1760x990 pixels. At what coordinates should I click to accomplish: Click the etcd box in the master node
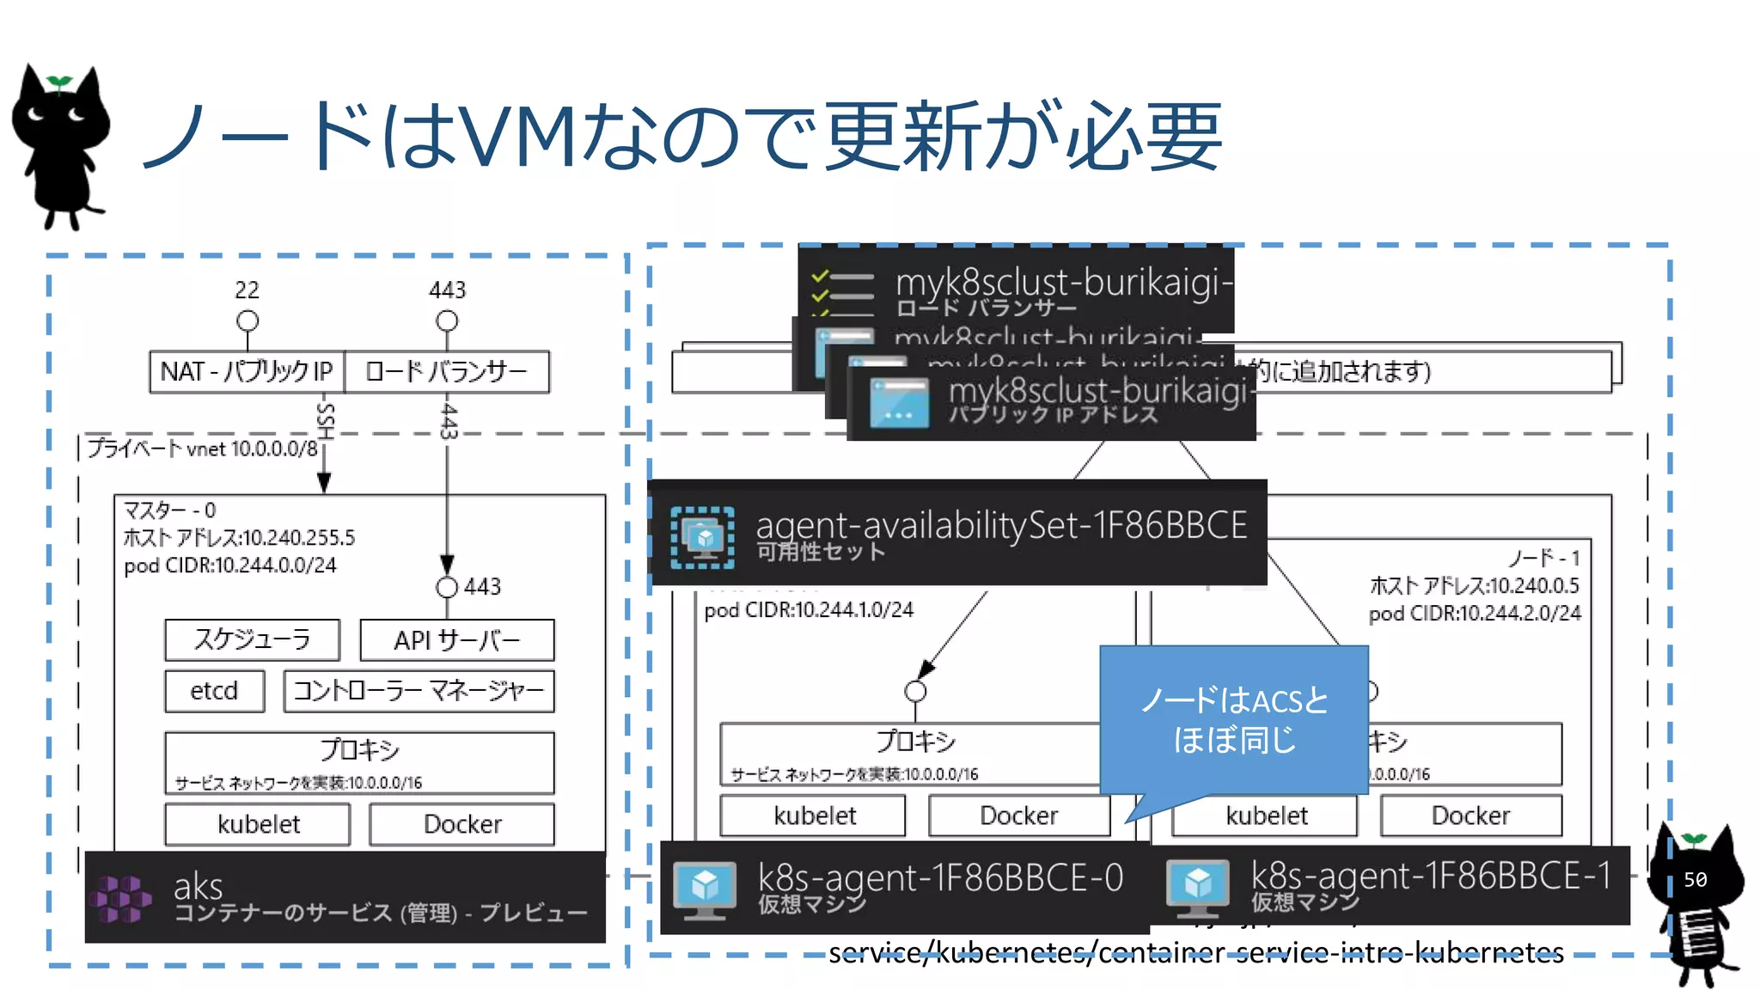pos(214,691)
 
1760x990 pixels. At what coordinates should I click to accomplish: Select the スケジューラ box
pos(252,639)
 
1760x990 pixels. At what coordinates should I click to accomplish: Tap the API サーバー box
pos(456,640)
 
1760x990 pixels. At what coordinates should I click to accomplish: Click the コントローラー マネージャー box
pos(419,691)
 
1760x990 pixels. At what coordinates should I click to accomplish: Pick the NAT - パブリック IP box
pos(247,371)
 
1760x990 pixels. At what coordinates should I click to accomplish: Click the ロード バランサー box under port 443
pos(446,371)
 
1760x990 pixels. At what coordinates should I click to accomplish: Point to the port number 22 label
pos(247,290)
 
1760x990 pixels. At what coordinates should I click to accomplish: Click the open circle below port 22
pos(247,321)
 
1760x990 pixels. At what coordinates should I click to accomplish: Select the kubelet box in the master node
pos(258,824)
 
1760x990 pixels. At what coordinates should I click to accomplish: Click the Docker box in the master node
pos(461,824)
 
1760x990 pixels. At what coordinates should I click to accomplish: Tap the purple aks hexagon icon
pos(121,898)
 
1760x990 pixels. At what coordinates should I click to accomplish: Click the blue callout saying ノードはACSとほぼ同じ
pos(1233,720)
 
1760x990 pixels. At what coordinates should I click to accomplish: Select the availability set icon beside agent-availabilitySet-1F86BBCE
pos(702,538)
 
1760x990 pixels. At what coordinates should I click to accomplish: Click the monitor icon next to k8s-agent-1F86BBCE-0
pos(705,888)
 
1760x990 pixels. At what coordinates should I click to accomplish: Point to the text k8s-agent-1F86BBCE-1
pos(1430,876)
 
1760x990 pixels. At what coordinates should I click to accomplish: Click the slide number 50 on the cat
pos(1695,879)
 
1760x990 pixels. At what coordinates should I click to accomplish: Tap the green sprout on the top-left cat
pos(59,82)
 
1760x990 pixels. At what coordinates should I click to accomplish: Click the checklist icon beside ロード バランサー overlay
pos(843,292)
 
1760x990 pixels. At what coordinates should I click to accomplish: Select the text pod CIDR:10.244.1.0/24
pos(809,610)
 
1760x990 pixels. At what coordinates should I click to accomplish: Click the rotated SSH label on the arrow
pos(325,421)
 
